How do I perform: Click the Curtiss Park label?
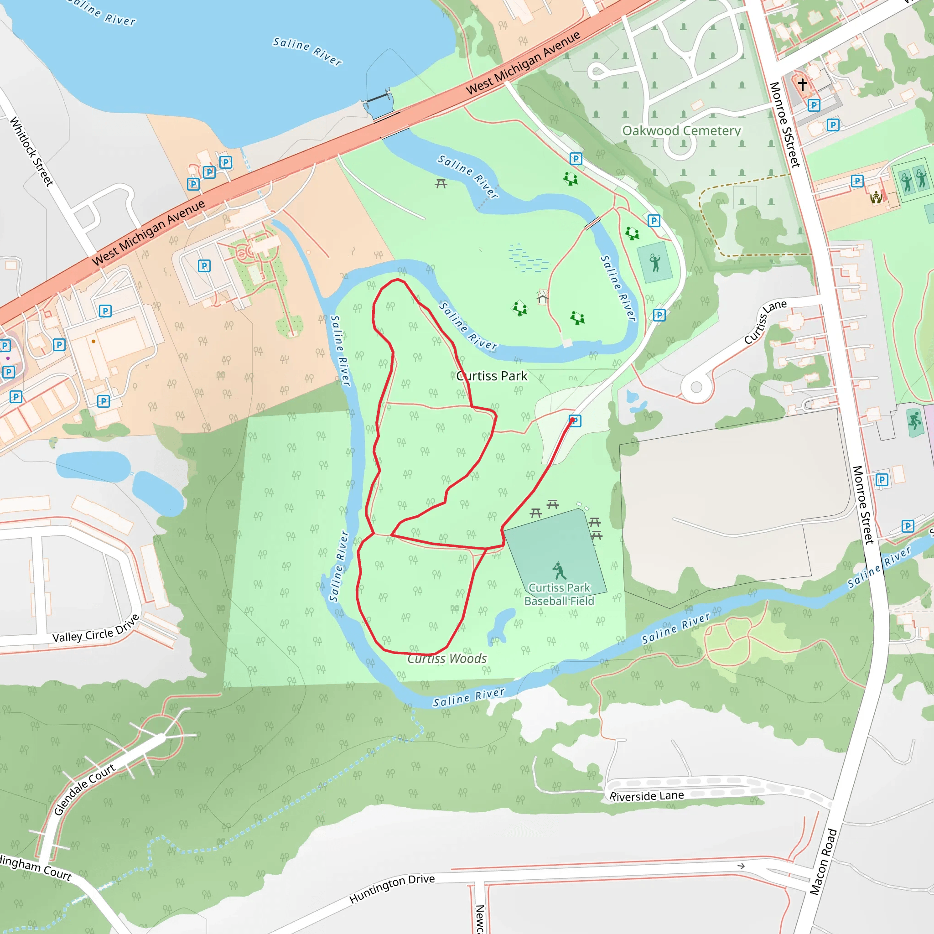[x=492, y=376]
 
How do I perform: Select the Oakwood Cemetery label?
[x=681, y=130]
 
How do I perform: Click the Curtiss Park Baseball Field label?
[x=559, y=594]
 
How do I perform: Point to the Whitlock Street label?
[x=31, y=151]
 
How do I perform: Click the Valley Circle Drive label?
[x=96, y=629]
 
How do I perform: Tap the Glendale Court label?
[x=85, y=789]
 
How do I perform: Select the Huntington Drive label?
[x=392, y=888]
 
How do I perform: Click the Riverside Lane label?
[x=646, y=796]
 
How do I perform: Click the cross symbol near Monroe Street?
[x=803, y=85]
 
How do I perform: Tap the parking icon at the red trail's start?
[x=575, y=420]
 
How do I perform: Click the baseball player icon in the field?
[x=559, y=571]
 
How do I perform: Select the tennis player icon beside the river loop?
[x=655, y=263]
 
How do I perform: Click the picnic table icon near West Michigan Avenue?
[x=441, y=184]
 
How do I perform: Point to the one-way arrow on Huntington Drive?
[x=741, y=866]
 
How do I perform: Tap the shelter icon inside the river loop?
[x=542, y=296]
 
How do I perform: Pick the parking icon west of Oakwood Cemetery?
[x=575, y=159]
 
